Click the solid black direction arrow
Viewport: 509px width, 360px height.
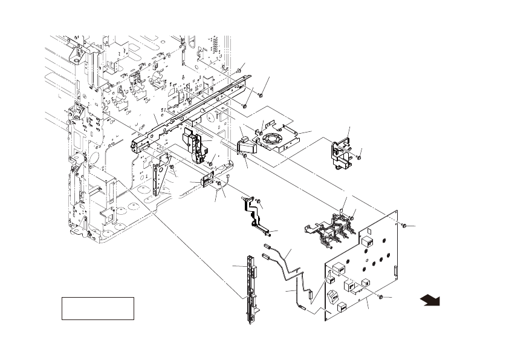pyautogui.click(x=430, y=300)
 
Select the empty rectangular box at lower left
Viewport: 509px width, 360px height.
pyautogui.click(x=97, y=308)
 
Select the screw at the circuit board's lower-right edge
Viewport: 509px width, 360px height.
pyautogui.click(x=380, y=297)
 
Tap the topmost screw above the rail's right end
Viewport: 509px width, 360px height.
pyautogui.click(x=239, y=72)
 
